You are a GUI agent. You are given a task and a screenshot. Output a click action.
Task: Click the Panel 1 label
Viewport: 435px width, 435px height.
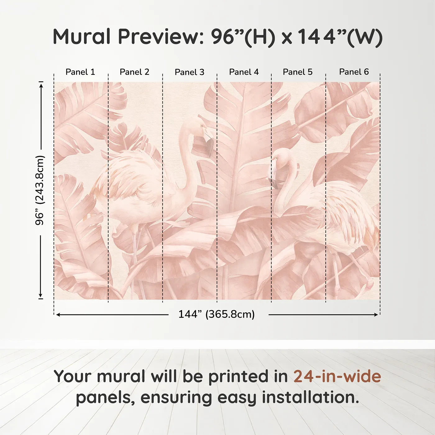(80, 72)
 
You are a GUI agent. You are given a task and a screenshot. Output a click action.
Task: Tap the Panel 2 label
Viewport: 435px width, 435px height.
(135, 72)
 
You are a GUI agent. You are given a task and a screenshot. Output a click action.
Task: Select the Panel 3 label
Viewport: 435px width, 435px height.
(190, 72)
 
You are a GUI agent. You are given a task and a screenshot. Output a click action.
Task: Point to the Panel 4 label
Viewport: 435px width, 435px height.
(244, 72)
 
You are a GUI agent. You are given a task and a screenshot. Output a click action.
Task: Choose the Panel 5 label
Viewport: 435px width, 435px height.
(298, 72)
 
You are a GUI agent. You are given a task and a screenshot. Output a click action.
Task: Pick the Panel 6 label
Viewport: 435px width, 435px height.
(354, 72)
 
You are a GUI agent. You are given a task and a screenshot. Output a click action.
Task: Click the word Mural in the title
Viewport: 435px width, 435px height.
(82, 37)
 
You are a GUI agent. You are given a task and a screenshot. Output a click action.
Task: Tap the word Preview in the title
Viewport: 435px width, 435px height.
(161, 37)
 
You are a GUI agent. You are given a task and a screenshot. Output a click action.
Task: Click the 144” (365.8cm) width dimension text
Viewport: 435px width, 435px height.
(217, 314)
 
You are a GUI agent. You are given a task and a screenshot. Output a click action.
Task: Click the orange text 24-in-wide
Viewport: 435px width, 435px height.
(337, 376)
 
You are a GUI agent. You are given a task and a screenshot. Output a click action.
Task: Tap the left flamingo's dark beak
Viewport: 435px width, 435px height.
(209, 146)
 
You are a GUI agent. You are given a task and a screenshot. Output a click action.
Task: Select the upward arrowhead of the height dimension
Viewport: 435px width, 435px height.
(41, 85)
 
